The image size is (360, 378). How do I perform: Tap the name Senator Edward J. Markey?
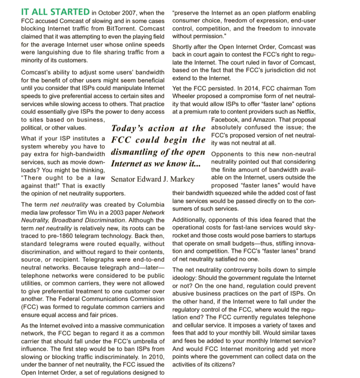152,179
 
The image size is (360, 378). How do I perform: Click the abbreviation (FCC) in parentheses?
30,307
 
